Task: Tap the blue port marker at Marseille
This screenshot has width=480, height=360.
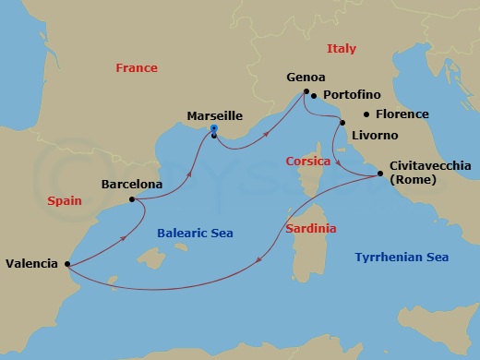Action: (213, 129)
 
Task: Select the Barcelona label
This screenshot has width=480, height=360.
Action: (132, 185)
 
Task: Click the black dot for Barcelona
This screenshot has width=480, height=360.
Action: (132, 198)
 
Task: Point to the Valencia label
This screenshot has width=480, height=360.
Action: (32, 262)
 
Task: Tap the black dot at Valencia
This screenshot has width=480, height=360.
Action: (68, 264)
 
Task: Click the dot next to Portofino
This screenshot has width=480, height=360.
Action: (314, 95)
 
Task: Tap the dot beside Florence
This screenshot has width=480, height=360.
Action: (366, 114)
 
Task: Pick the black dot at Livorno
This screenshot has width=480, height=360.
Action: (343, 122)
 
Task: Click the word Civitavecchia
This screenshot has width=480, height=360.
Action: (430, 165)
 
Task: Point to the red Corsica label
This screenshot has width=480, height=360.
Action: (308, 161)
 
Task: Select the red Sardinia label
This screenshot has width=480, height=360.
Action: (311, 228)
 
